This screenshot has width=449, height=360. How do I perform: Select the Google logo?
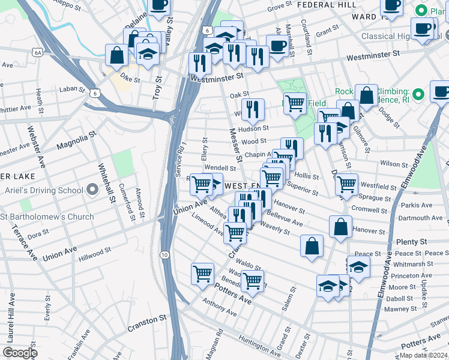[x=20, y=353]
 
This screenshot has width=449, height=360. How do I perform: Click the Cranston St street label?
[x=146, y=325]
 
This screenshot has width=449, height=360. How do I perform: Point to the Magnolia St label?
[x=76, y=142]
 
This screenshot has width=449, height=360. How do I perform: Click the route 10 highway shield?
[x=164, y=255]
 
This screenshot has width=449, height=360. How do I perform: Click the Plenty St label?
[x=411, y=241]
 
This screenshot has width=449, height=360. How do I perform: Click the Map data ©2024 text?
[x=424, y=355]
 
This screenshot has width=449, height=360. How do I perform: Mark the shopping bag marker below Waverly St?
[x=312, y=246]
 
